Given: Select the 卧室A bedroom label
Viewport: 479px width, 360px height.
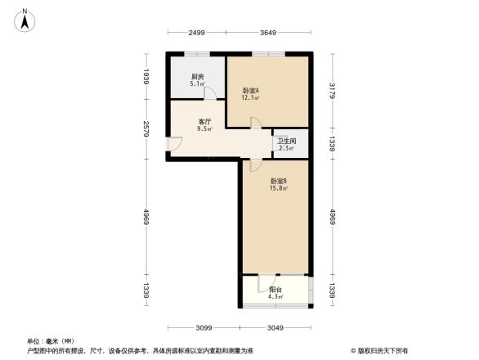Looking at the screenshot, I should (250, 90).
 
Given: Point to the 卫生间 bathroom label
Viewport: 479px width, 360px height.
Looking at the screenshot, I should (285, 141).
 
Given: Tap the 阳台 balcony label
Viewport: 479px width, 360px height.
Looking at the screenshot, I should (275, 288).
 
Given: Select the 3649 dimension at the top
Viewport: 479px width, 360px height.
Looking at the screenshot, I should (268, 32).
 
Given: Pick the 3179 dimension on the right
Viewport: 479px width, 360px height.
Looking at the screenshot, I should (332, 90).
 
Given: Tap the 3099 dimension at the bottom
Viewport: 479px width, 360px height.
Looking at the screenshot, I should (204, 327).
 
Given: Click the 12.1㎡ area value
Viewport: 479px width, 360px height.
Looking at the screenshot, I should (250, 98).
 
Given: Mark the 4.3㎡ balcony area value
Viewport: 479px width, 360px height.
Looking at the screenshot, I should (275, 296).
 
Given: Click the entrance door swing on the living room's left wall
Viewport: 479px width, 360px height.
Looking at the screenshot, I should (175, 144).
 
